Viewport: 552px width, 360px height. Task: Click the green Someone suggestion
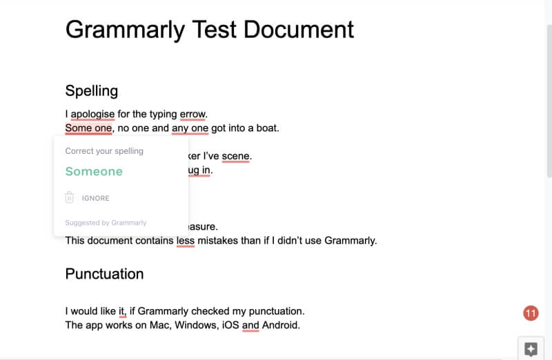tap(94, 171)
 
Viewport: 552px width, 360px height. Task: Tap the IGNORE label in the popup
tap(96, 198)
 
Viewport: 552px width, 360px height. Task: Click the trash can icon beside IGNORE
tap(70, 197)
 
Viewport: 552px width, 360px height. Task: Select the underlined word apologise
tap(92, 114)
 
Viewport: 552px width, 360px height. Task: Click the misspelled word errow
tap(193, 114)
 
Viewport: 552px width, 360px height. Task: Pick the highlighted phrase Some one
tap(89, 128)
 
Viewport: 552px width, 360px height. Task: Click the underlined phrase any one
tap(190, 128)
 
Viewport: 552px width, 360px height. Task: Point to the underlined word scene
tap(235, 156)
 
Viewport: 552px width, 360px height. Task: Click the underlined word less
tap(186, 241)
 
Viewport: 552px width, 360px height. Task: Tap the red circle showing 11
tap(531, 313)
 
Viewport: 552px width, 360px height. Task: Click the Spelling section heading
tap(92, 91)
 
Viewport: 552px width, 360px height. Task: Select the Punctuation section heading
tap(105, 274)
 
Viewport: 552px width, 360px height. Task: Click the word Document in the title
tap(299, 30)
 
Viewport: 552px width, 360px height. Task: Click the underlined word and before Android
tap(250, 325)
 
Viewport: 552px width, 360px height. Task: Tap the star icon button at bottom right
tap(531, 349)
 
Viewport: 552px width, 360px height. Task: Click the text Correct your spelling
tap(104, 151)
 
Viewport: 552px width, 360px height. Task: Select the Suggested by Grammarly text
tap(106, 223)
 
